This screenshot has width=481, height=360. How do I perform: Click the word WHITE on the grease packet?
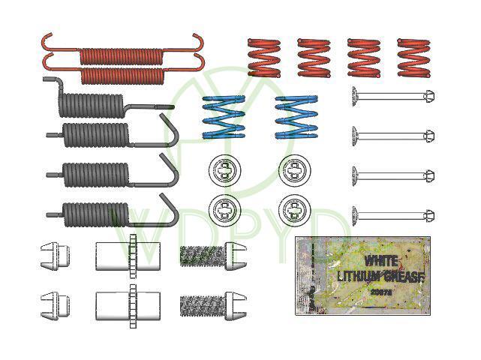381,261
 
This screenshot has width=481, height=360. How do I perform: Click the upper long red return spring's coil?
121,55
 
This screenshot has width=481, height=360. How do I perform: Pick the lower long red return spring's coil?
121,74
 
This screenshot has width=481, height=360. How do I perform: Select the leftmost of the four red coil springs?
263,58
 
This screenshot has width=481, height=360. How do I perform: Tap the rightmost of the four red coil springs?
413,58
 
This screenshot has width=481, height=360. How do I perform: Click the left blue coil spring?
223,117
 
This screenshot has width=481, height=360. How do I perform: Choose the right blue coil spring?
296,117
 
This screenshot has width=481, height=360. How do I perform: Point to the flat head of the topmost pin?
354,96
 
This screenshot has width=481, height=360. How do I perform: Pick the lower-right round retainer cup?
295,208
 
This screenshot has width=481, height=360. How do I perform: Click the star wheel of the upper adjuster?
134,255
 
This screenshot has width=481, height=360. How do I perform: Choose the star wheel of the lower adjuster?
134,304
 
